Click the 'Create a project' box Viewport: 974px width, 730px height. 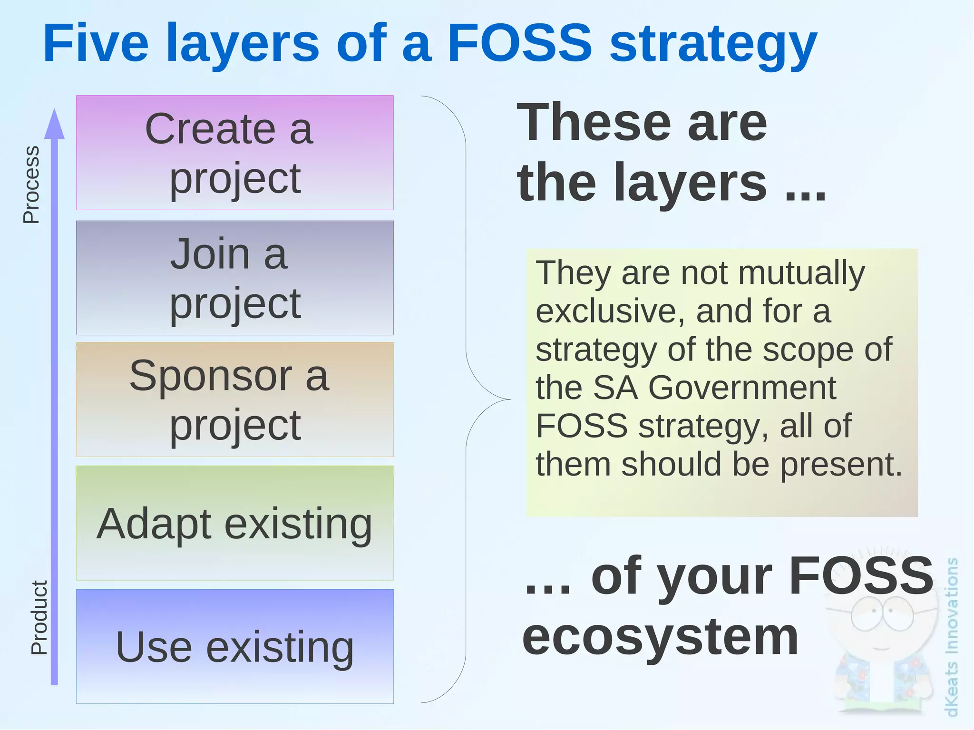click(x=234, y=153)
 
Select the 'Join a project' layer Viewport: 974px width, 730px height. click(x=234, y=278)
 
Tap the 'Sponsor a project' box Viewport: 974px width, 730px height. click(x=234, y=399)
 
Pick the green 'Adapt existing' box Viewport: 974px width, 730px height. click(x=234, y=523)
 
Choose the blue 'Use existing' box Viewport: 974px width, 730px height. click(x=234, y=647)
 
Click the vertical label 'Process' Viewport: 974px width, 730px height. click(x=31, y=185)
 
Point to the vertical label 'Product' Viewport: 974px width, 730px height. click(x=39, y=617)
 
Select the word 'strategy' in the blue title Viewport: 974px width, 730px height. click(x=713, y=45)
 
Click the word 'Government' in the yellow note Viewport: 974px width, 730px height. click(x=742, y=388)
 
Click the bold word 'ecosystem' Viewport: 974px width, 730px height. click(x=660, y=637)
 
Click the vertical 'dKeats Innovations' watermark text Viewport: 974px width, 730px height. click(x=951, y=637)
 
